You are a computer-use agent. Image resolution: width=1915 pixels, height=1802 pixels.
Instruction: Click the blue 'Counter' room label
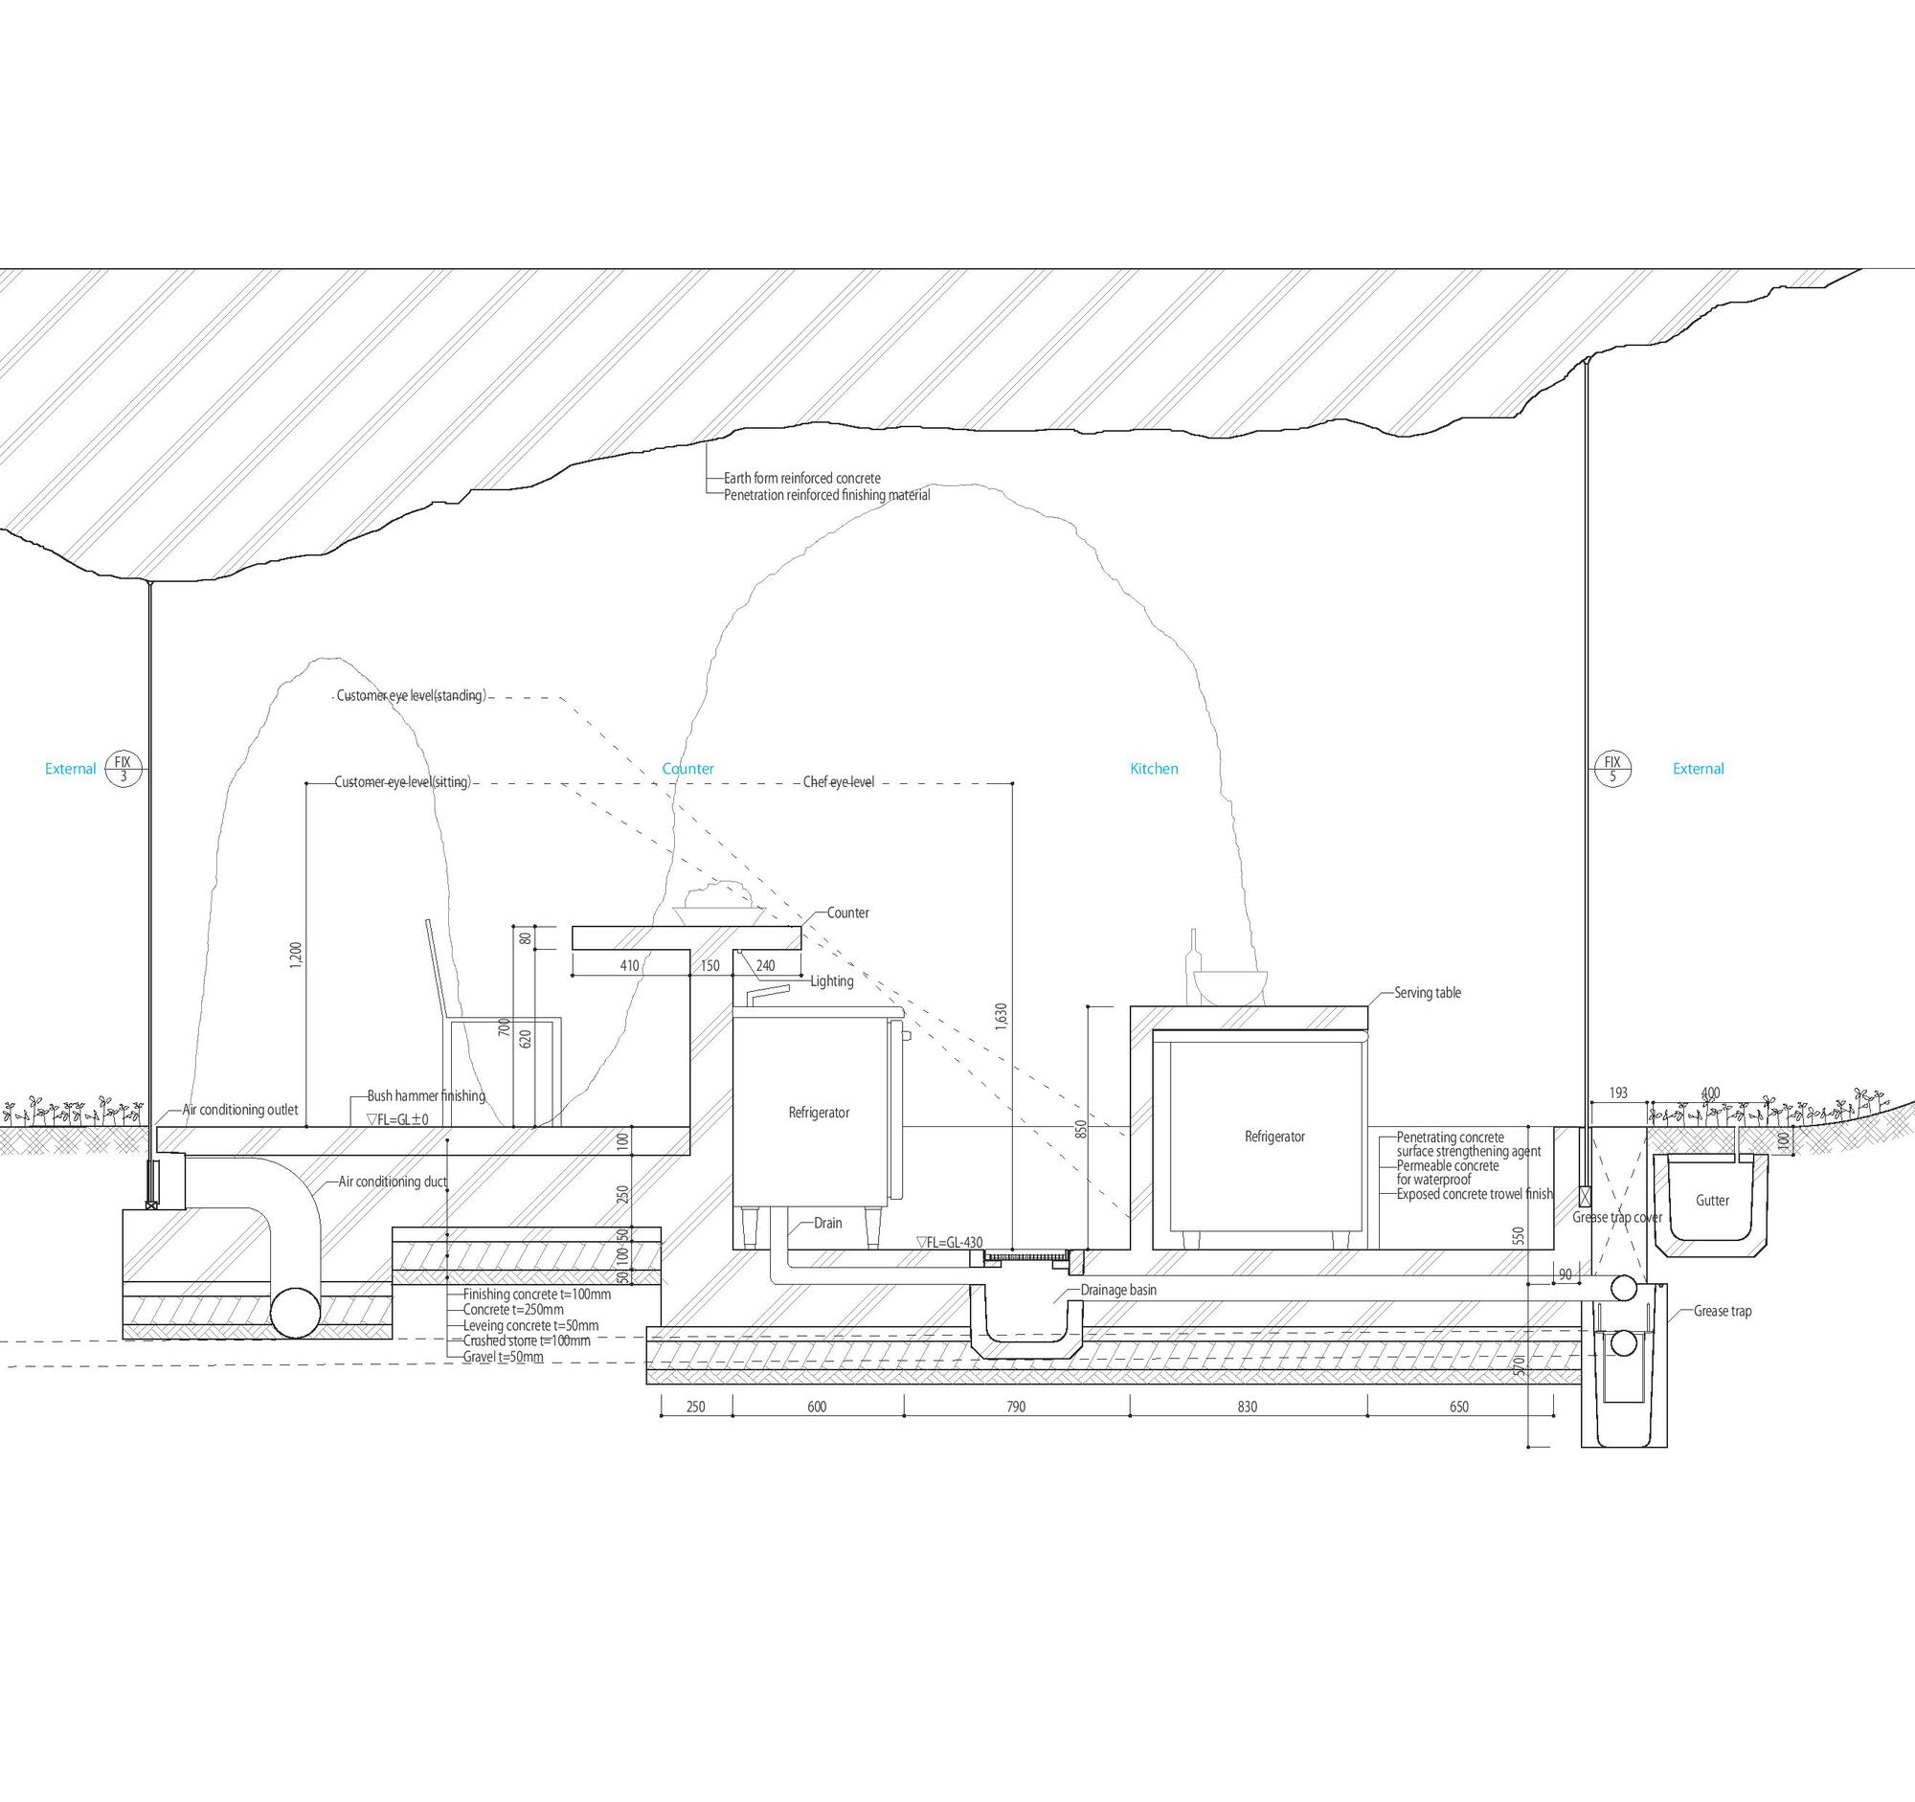pyautogui.click(x=687, y=769)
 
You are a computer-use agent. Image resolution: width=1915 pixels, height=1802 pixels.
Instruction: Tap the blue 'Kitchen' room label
pyautogui.click(x=1154, y=769)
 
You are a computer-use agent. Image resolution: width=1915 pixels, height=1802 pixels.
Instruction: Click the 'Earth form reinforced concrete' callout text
pyautogui.click(x=801, y=478)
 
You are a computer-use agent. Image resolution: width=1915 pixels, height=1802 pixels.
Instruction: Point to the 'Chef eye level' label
pyautogui.click(x=838, y=782)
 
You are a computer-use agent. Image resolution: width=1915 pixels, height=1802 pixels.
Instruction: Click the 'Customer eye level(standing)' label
pyautogui.click(x=412, y=695)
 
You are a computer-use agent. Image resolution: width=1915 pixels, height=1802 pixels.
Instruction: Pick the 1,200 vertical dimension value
pyautogui.click(x=296, y=956)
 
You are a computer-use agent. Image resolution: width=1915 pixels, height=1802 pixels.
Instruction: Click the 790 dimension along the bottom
pyautogui.click(x=1015, y=1407)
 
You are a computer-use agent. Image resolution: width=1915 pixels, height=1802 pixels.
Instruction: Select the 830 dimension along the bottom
pyautogui.click(x=1247, y=1407)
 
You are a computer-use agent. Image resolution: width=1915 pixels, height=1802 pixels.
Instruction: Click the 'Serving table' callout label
pyautogui.click(x=1427, y=993)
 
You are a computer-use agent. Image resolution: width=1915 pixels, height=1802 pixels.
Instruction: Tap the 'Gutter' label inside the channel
pyautogui.click(x=1712, y=1200)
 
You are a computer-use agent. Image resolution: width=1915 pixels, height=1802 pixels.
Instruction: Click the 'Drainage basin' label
pyautogui.click(x=1117, y=1290)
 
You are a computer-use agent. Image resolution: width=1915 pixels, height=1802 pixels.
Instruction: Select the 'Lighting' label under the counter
pyautogui.click(x=831, y=981)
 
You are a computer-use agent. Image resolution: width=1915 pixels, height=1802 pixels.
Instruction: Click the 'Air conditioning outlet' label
pyautogui.click(x=240, y=1110)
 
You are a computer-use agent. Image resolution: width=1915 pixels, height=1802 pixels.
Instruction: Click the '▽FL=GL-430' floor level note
pyautogui.click(x=950, y=1243)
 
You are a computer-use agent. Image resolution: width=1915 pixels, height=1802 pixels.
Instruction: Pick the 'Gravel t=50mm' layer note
pyautogui.click(x=503, y=1357)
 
